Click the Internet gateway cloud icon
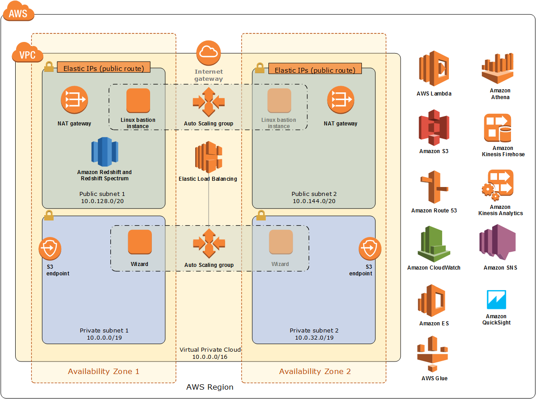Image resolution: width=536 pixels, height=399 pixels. point(208,52)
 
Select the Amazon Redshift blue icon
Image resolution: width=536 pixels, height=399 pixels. point(105,152)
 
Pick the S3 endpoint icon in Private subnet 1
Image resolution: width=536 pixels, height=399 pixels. point(50,249)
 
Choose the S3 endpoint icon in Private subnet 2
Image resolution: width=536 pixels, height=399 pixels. point(370,249)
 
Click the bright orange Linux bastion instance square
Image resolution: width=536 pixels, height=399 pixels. point(138,100)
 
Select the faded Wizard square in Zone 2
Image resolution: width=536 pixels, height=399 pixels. point(281,242)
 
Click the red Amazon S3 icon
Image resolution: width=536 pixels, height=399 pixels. point(433,128)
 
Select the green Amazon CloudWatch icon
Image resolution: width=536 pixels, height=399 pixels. point(433,244)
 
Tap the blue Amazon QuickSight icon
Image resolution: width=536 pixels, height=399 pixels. point(496,300)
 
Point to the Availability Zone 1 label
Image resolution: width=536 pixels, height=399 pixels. point(104,371)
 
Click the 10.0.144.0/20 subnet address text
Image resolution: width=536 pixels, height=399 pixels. point(314,201)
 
